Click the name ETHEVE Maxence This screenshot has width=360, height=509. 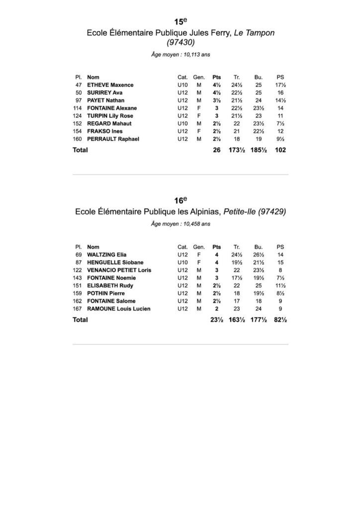pyautogui.click(x=110, y=85)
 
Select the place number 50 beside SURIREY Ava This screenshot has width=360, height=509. pyautogui.click(x=79, y=92)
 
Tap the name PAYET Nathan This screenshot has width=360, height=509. pyautogui.click(x=105, y=100)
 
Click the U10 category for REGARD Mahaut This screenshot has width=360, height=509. pyautogui.click(x=182, y=123)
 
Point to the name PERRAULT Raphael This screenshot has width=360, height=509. pyautogui.click(x=113, y=139)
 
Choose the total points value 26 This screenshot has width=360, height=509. pyautogui.click(x=216, y=150)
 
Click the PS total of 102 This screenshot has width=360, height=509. pyautogui.click(x=280, y=150)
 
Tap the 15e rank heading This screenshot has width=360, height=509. pyautogui.click(x=180, y=21)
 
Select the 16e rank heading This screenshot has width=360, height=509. pyautogui.click(x=180, y=200)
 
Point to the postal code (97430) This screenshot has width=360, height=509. pyautogui.click(x=180, y=43)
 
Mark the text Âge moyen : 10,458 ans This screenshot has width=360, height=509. pyautogui.click(x=180, y=224)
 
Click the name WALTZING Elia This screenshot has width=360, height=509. pyautogui.click(x=106, y=254)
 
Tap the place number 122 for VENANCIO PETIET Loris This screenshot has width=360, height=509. pyautogui.click(x=77, y=270)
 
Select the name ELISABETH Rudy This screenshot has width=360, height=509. pyautogui.click(x=109, y=285)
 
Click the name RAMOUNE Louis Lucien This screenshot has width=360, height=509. pyautogui.click(x=118, y=309)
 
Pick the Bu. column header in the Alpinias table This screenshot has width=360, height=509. pyautogui.click(x=259, y=247)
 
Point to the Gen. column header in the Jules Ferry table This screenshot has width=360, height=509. pyautogui.click(x=199, y=78)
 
